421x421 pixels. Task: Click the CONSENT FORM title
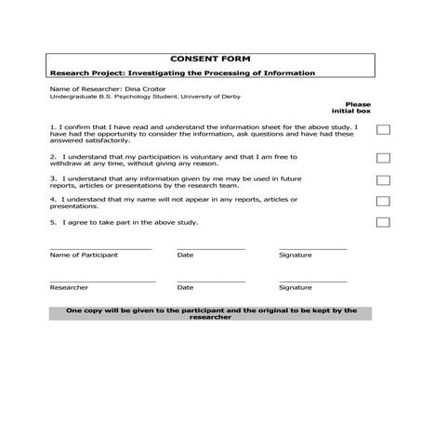[x=210, y=59]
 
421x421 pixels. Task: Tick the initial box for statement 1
[x=383, y=131]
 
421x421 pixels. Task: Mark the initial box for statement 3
[x=383, y=180]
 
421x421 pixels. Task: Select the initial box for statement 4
[x=383, y=201]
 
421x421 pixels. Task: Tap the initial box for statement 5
[x=383, y=222]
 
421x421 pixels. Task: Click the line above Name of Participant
[x=99, y=249]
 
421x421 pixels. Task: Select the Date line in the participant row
[x=211, y=249]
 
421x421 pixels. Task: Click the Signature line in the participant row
[x=312, y=249]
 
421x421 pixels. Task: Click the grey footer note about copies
[x=211, y=314]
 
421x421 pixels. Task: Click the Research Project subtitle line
[x=182, y=72]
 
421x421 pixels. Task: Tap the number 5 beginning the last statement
[x=52, y=222]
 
